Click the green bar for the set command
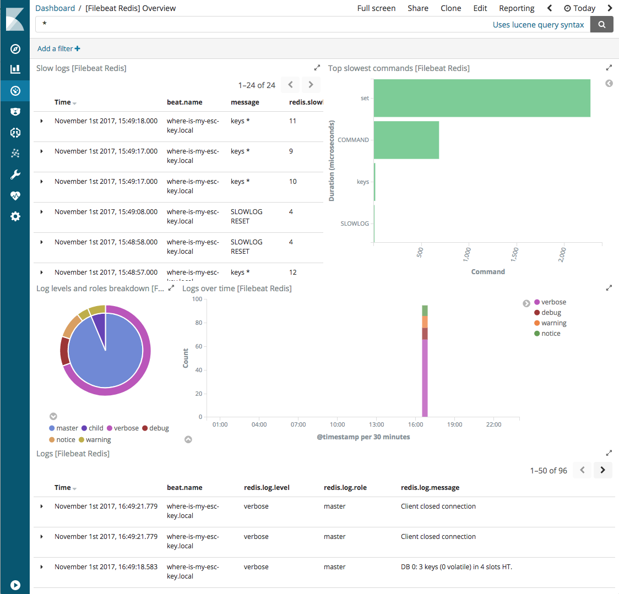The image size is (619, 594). coord(482,98)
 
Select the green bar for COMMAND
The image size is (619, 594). coord(406,140)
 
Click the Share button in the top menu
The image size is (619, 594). coord(417,8)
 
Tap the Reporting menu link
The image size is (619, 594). coord(516,8)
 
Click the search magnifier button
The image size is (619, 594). coord(601,24)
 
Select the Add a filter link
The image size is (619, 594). coord(58,48)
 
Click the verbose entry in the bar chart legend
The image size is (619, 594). coord(553,302)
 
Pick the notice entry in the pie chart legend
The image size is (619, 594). coord(65,440)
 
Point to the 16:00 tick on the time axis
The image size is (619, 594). coord(415,424)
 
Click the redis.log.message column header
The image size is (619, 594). coord(430,488)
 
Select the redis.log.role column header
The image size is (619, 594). coord(345,488)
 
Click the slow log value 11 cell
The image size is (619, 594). coord(292,121)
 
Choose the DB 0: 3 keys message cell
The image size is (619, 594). coord(456,567)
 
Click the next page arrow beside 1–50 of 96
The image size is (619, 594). coord(602,470)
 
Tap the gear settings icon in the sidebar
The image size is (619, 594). coord(15,216)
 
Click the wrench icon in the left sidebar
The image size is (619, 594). coord(15,175)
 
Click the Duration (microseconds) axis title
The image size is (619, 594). coord(332,161)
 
